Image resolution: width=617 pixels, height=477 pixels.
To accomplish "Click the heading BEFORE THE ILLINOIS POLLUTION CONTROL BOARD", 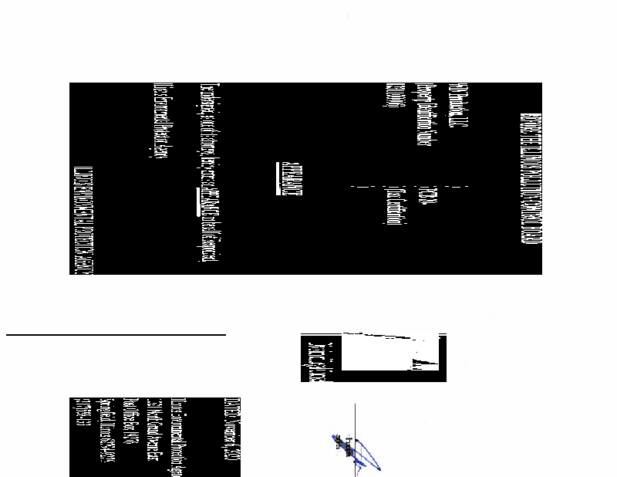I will click(x=525, y=178).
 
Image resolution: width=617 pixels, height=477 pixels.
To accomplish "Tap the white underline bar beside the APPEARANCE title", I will click(x=278, y=178).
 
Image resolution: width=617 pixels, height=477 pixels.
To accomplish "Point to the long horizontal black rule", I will click(x=116, y=336).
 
